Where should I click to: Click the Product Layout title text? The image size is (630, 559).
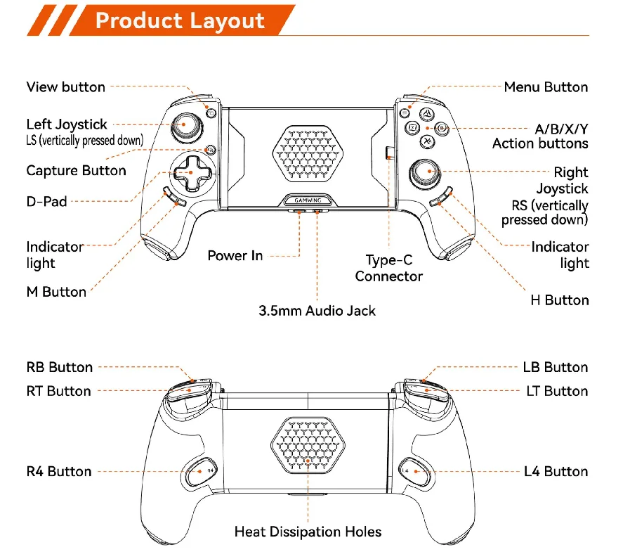tap(180, 20)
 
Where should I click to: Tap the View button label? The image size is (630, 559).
tap(65, 87)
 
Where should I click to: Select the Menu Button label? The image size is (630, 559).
tap(546, 87)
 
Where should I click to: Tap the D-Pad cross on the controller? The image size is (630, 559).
tap(188, 173)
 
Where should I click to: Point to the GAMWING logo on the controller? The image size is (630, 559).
tap(307, 200)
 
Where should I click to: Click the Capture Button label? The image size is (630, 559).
tap(76, 171)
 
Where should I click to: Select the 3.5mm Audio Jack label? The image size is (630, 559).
tap(317, 310)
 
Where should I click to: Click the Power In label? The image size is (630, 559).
tap(235, 256)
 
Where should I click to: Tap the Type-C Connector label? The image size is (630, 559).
tap(388, 268)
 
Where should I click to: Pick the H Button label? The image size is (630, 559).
tap(559, 300)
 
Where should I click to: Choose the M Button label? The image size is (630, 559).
tap(56, 292)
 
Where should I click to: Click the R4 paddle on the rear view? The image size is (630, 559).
tap(202, 471)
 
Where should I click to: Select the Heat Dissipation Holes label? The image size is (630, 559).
tap(308, 532)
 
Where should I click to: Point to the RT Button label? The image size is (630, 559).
tap(58, 391)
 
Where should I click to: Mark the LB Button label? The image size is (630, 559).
tap(555, 367)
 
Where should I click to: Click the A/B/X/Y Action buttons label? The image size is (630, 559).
tap(539, 136)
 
